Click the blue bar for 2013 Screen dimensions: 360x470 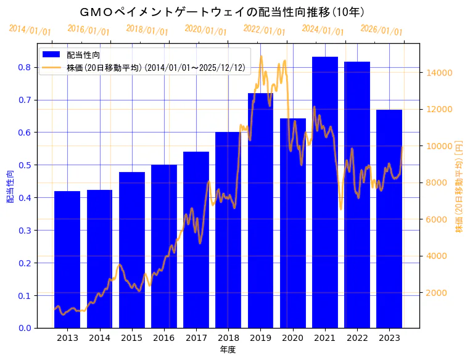coord(67,259)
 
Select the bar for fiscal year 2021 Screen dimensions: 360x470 coord(325,192)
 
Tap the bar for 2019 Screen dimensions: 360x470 coord(260,210)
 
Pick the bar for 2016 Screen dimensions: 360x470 coord(164,246)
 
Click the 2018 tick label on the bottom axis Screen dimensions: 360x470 coord(228,338)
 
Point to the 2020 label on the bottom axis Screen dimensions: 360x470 coord(292,338)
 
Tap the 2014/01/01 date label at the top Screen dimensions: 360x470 coord(30,30)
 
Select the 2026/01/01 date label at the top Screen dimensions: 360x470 coord(381,30)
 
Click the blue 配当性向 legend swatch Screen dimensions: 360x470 coord(52,55)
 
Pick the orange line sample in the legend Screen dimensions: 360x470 coord(52,67)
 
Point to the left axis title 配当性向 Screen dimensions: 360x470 coord(10,187)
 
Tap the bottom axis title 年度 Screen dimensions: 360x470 coord(228,350)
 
